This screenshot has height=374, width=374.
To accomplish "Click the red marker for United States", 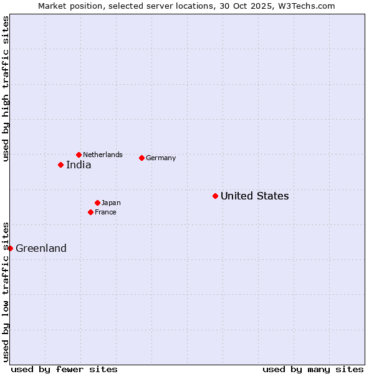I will coord(215,196).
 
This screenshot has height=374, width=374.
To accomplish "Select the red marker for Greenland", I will coord(10,248).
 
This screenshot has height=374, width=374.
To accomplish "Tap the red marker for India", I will coord(60,165).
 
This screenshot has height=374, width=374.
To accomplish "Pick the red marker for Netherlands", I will coord(79,155).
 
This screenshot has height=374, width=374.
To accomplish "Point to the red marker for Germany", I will coord(141,158).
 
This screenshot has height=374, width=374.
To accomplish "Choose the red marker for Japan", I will coord(97,203).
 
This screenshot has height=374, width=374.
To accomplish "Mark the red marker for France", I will coord(90,212).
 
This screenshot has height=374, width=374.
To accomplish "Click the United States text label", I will coord(254,196).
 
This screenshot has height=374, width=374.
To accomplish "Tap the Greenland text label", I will coord(41,248).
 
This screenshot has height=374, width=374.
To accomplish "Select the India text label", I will coord(79,165).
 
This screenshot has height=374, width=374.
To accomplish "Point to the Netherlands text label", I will coord(103,155).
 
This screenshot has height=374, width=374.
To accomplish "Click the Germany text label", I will coord(161,158).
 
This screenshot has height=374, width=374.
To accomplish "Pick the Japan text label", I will coord(111,203).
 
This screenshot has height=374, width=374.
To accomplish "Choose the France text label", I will coord(105,212).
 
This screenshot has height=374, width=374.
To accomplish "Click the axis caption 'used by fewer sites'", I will coord(64,369).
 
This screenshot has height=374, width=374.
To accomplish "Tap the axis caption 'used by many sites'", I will coord(313,369).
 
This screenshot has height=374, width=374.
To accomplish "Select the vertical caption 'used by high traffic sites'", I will coord(6,89).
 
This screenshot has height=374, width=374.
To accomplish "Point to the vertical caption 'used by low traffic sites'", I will coord(6,292).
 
